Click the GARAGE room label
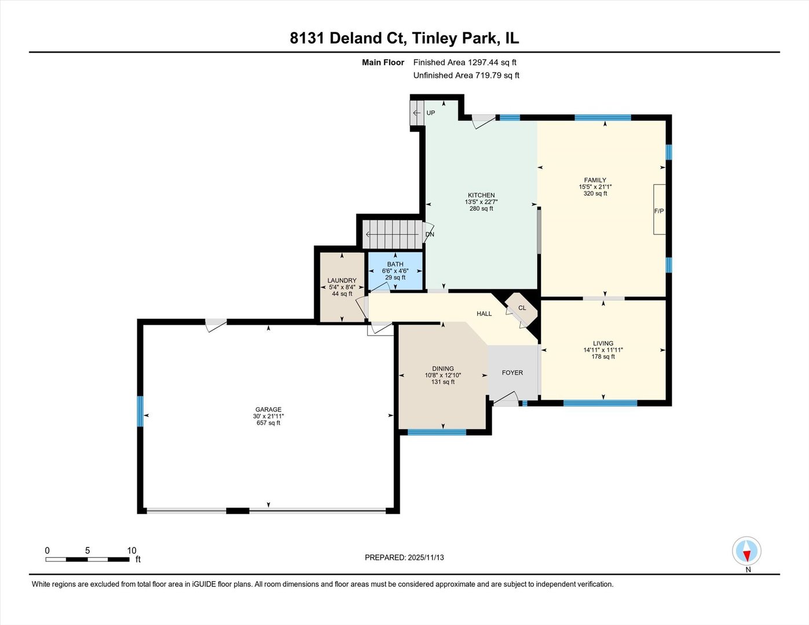[268, 410]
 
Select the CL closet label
[522, 308]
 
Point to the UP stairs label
[431, 113]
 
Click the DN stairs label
[430, 234]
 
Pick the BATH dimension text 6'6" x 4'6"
[395, 271]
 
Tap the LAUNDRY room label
[342, 281]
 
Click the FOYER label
[513, 373]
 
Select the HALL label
[484, 314]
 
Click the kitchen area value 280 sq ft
[481, 209]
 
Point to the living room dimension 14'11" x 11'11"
[603, 350]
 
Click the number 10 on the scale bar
[132, 550]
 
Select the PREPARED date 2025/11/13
[426, 558]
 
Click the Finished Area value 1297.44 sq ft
[492, 62]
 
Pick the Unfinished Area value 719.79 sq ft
[497, 75]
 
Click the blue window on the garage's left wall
[140, 411]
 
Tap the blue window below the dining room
[437, 432]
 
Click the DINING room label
[442, 369]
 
